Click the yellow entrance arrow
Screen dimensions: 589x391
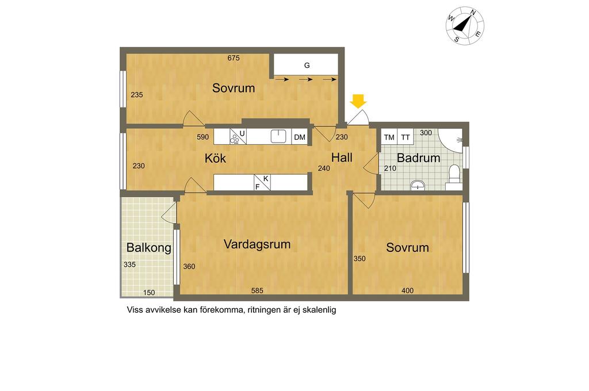coord(358,101)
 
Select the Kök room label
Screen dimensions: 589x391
coord(215,158)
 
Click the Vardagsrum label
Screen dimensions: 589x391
coord(257,244)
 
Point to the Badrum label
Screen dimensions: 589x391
coord(419,158)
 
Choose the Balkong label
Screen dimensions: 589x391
coord(149,247)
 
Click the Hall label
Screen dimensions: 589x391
coord(342,158)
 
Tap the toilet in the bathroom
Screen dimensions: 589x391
coord(454,177)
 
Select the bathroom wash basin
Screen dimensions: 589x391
coord(418,185)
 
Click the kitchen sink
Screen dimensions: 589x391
coord(278,136)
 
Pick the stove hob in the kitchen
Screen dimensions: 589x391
coord(235,139)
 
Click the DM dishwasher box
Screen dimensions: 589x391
coord(299,137)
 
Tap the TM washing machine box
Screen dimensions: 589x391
coord(389,137)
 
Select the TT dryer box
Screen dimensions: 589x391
coord(406,137)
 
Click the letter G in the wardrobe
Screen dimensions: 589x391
coord(307,66)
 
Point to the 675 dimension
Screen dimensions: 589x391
coord(234,58)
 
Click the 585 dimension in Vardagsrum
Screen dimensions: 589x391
coord(257,290)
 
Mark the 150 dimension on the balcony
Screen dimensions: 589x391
coord(149,293)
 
